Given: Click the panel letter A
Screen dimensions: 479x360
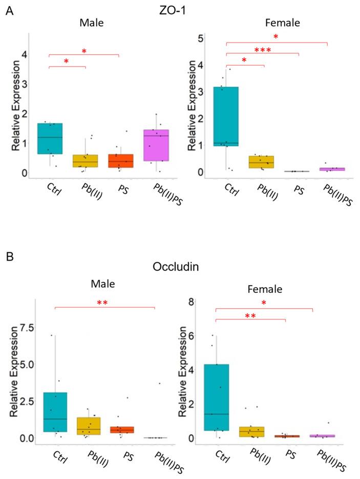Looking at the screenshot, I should pyautogui.click(x=9, y=11).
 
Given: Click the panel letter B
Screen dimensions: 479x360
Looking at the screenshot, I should pyautogui.click(x=9, y=255).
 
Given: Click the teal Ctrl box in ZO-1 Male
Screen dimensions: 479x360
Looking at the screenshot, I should pyautogui.click(x=50, y=138).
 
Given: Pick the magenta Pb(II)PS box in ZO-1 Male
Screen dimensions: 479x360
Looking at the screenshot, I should pyautogui.click(x=156, y=145).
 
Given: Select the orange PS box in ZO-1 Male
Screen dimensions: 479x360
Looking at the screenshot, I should pyautogui.click(x=121, y=161).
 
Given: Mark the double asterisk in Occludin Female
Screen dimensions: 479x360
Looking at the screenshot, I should pyautogui.click(x=250, y=316).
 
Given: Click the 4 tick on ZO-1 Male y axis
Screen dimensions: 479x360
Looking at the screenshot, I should pyautogui.click(x=24, y=54).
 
